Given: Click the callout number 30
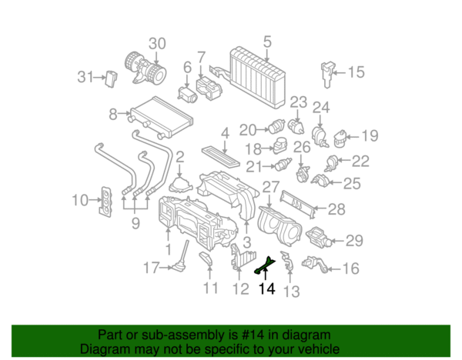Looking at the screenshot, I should [157, 43].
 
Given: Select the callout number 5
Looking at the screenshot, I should [267, 42].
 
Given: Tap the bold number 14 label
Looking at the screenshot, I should [267, 289].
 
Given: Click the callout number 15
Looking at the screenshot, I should [356, 72].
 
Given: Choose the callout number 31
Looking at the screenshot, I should [85, 76].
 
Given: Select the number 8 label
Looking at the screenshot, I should [113, 115].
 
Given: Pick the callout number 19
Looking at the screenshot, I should [370, 136].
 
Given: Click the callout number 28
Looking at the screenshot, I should [337, 208].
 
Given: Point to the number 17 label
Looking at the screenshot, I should [152, 268].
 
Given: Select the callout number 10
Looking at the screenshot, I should [81, 201].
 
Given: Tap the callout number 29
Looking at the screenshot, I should [353, 241].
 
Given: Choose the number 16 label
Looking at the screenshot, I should [351, 268].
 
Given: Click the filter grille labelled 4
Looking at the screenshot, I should [223, 151].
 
